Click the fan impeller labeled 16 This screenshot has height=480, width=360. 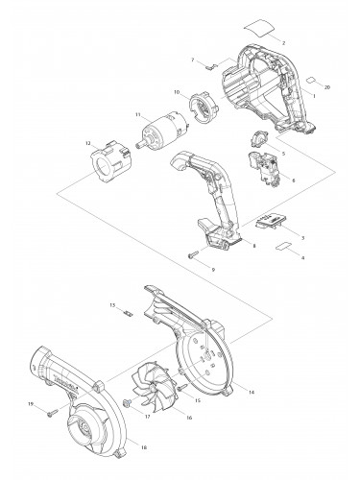pyautogui.click(x=148, y=381)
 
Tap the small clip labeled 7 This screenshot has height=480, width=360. pyautogui.click(x=212, y=67)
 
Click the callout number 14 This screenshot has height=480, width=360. pyautogui.click(x=252, y=393)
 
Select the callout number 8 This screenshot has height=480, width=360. pyautogui.click(x=253, y=248)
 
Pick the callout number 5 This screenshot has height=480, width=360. pyautogui.click(x=282, y=153)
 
